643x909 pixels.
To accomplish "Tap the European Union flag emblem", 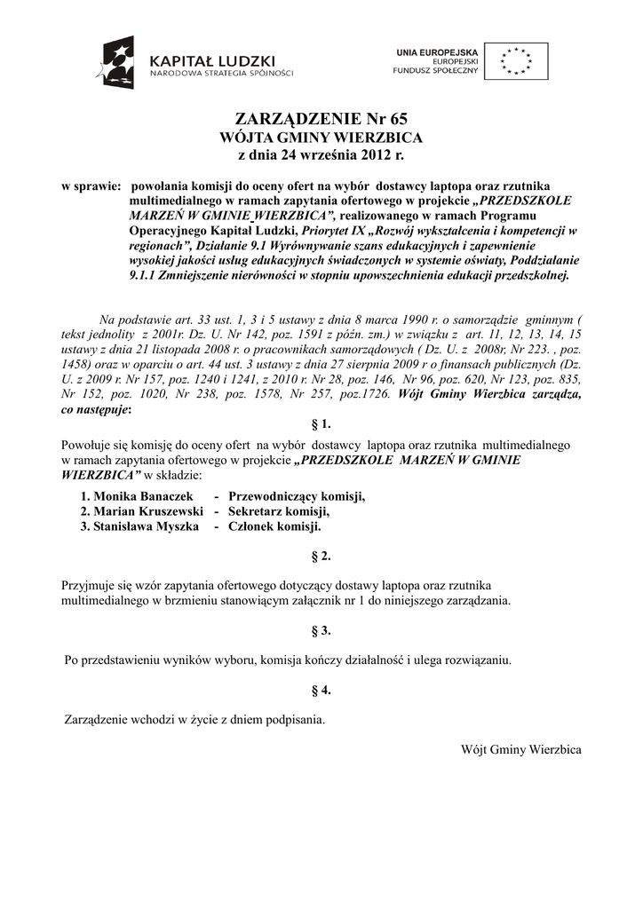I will coord(522,61).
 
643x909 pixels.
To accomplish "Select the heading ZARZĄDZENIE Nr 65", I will coord(321,120).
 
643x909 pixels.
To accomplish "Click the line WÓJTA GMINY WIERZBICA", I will coord(321,138).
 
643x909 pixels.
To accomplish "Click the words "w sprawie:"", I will coord(90,187).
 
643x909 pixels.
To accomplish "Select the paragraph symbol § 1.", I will coord(321,424).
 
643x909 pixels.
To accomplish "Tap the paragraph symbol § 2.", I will coord(321,557).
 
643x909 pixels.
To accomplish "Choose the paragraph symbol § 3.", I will coord(321,630).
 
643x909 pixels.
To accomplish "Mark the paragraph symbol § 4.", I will coord(321,690).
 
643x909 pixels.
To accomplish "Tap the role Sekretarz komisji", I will coord(279,511).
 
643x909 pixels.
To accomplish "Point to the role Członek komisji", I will coord(274,526).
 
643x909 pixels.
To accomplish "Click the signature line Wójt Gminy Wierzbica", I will coord(520,749).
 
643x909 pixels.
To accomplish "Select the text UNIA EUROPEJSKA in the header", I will coord(438,53).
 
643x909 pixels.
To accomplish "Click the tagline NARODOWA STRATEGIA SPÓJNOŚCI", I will coord(220,73).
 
